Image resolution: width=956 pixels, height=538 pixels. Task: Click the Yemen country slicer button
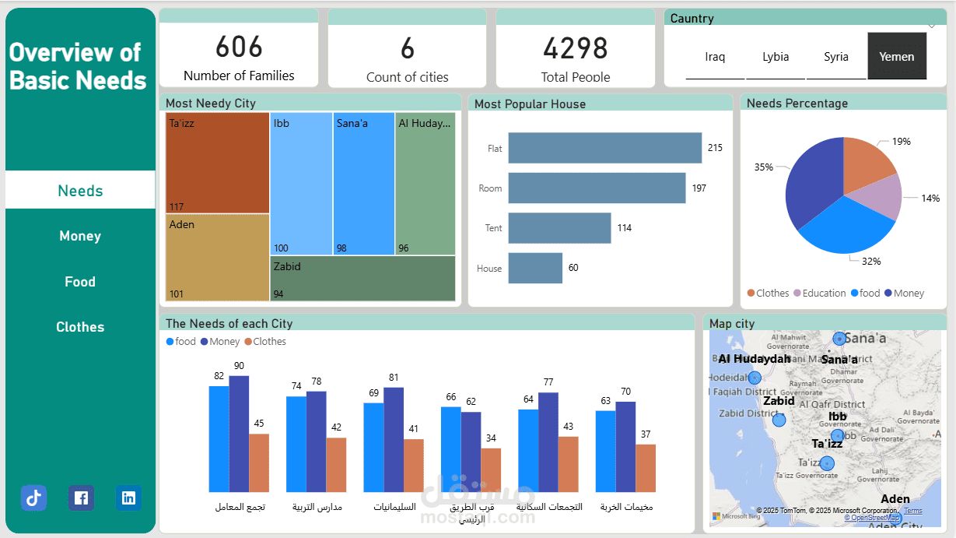[897, 56]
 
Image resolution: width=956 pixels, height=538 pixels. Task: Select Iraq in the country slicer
[715, 57]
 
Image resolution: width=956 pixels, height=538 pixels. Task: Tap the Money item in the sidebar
[80, 236]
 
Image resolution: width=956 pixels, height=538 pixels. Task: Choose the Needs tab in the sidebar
[80, 191]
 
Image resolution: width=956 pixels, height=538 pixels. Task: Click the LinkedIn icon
[128, 498]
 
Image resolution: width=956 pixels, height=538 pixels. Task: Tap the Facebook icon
[81, 498]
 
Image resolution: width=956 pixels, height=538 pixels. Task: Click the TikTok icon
[33, 498]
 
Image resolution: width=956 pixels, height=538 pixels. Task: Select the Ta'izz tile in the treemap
[218, 163]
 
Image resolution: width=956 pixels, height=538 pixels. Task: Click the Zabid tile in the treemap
[362, 279]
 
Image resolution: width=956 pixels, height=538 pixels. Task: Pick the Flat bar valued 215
[604, 148]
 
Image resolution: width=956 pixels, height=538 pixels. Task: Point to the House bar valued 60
[535, 268]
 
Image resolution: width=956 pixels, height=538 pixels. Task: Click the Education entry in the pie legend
[824, 294]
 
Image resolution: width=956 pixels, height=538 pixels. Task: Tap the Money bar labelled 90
[239, 433]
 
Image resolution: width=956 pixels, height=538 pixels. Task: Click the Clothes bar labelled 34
[490, 469]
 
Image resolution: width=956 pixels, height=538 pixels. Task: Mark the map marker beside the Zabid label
[779, 420]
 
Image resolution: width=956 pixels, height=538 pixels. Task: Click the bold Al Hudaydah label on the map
[754, 359]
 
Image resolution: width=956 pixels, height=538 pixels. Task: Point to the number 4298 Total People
[575, 49]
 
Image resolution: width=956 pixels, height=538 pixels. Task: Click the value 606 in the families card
[239, 47]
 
